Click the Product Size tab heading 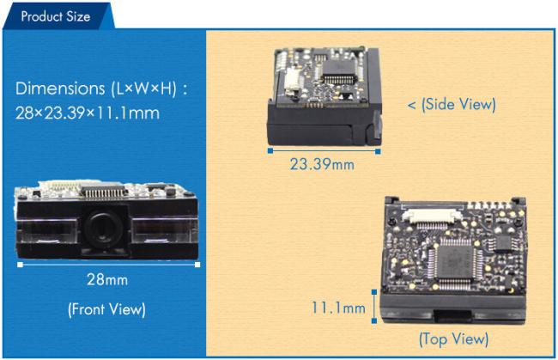(x=56, y=16)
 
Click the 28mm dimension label (x=107, y=280)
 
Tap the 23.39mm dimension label (x=322, y=164)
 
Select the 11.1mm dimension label (x=338, y=308)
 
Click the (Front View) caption (x=106, y=309)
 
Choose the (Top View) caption (x=454, y=339)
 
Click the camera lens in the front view (x=103, y=228)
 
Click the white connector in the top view (x=432, y=216)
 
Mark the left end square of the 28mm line (x=20, y=265)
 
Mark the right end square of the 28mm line (x=197, y=265)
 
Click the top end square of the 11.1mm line (x=374, y=292)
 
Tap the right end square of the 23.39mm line (x=378, y=151)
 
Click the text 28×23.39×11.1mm (x=88, y=113)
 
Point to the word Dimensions (x=60, y=88)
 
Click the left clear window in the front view (x=47, y=231)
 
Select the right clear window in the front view (x=165, y=230)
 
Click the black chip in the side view (x=339, y=70)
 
